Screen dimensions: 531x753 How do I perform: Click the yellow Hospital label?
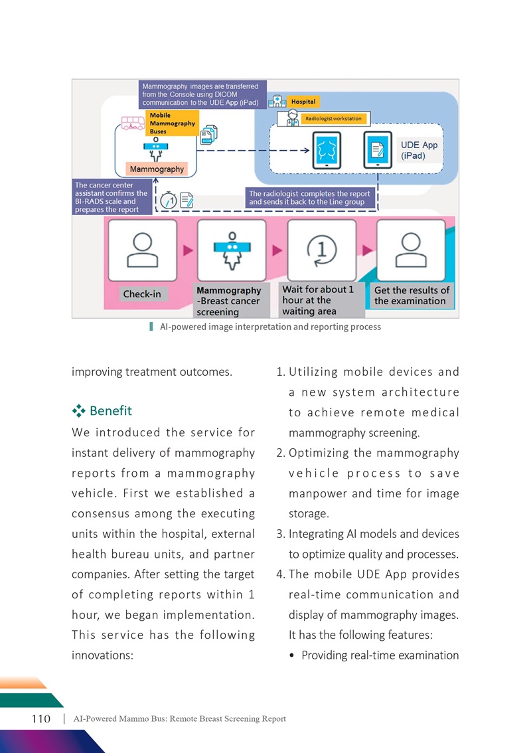click(303, 102)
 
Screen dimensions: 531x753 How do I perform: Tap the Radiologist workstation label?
click(334, 119)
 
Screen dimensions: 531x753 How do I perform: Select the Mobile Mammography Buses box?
click(172, 124)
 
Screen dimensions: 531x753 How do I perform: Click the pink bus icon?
click(133, 123)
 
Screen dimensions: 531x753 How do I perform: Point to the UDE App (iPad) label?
click(419, 150)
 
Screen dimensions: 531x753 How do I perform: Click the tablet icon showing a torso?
click(327, 150)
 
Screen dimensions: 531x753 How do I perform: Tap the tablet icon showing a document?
click(378, 150)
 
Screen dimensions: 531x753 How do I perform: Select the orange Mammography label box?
click(157, 169)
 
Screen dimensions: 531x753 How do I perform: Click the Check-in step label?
click(143, 294)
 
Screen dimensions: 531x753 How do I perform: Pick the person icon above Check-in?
click(143, 250)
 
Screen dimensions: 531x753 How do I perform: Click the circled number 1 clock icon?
click(322, 250)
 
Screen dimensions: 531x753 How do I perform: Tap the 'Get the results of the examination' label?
click(412, 295)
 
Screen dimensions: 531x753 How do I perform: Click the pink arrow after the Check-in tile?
click(189, 250)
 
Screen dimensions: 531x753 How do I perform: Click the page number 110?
click(40, 718)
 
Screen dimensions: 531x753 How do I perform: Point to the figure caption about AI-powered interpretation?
click(270, 327)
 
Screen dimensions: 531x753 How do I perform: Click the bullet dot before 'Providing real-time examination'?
click(291, 655)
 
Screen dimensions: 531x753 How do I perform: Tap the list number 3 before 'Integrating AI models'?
click(280, 534)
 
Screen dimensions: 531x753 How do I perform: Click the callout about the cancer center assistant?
click(112, 197)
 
